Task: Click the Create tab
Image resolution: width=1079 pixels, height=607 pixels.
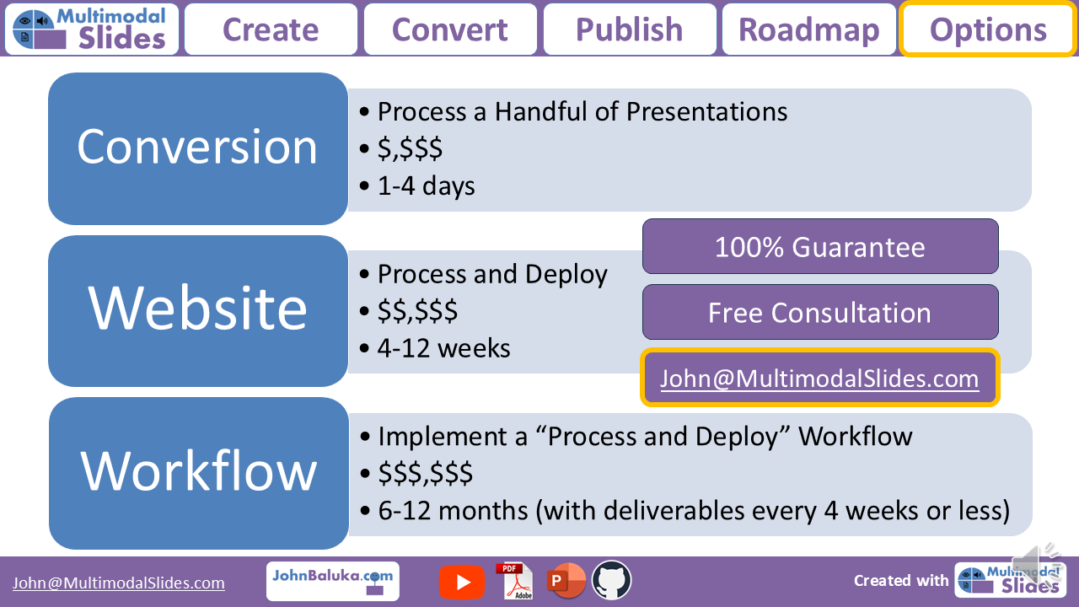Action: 271,30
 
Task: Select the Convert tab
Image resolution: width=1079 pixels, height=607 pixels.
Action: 450,30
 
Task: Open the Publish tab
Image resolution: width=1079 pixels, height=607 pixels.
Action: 630,30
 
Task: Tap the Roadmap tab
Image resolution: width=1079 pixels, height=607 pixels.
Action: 809,30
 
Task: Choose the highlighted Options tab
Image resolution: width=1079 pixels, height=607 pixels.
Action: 988,30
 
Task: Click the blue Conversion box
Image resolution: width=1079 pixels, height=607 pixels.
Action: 197,148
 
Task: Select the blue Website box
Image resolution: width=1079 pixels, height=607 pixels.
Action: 197,309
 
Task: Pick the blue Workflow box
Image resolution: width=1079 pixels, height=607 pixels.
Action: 198,472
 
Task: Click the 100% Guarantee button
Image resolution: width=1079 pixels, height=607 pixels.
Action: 820,246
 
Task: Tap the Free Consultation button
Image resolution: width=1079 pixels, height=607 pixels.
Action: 820,312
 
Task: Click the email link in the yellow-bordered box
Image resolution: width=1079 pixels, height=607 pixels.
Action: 819,379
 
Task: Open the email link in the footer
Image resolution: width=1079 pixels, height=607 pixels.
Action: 118,583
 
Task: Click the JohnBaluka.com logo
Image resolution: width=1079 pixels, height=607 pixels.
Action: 332,581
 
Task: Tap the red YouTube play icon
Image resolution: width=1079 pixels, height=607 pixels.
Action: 462,582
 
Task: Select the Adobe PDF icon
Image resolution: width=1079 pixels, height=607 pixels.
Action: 514,581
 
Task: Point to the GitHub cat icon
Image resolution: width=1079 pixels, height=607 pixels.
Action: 612,581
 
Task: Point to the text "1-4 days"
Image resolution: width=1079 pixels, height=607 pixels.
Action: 426,186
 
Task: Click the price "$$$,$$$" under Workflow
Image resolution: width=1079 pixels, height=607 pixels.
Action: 425,474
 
